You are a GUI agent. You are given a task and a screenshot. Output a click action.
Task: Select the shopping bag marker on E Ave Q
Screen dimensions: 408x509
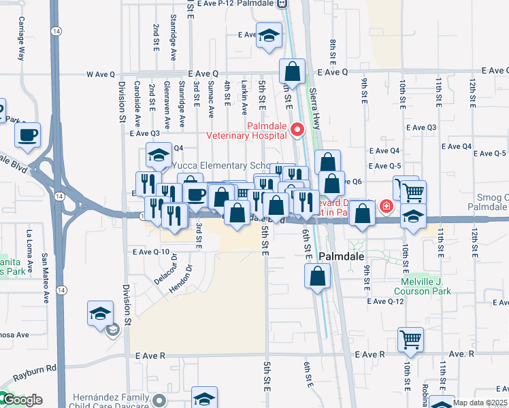tap(292, 71)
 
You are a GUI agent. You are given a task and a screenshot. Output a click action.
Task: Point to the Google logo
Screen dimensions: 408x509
tap(22, 400)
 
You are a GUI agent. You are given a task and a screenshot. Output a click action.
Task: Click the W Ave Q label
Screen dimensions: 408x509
tap(100, 73)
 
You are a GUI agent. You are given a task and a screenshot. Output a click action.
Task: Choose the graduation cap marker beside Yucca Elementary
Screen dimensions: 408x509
tap(159, 156)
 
